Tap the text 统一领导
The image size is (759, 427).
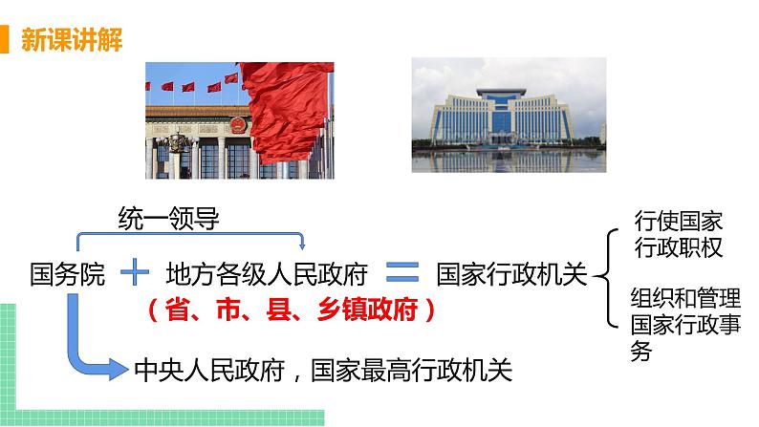168,219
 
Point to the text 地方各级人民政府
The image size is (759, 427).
267,275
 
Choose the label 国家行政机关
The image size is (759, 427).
510,275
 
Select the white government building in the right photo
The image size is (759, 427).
508,115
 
